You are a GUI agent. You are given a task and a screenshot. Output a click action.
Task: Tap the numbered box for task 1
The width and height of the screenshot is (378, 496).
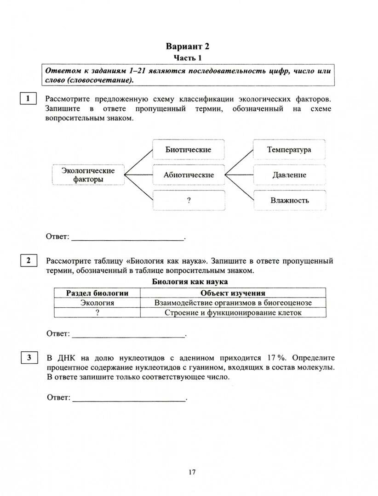(28, 98)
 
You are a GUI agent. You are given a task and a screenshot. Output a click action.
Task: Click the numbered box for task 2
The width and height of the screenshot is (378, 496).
(28, 260)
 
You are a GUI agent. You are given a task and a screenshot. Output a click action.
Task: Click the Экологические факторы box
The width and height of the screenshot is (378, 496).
(88, 175)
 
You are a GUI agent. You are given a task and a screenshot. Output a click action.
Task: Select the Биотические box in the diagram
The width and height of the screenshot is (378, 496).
(188, 150)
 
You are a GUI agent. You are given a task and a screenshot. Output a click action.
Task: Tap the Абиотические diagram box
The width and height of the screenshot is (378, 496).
(189, 175)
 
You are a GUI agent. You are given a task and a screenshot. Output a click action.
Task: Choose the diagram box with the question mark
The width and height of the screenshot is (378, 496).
(189, 200)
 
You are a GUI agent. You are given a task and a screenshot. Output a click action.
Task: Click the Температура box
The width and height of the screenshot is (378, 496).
(289, 150)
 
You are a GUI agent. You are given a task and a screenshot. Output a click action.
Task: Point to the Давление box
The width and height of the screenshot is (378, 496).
(289, 175)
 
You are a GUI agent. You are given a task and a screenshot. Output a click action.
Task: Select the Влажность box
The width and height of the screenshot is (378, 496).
(289, 200)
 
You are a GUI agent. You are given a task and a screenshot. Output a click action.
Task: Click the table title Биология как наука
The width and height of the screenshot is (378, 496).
(189, 282)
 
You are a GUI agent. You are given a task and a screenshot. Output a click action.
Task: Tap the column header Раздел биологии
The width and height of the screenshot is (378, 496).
(97, 293)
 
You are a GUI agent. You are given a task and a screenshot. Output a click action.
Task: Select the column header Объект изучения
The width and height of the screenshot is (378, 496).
(233, 293)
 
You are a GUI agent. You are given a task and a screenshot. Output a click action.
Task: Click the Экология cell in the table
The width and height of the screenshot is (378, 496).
(97, 303)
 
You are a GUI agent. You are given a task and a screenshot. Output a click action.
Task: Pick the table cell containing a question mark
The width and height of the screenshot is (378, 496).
(97, 312)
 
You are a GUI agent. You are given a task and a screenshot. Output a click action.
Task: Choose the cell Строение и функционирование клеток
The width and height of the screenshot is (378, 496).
(233, 312)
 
